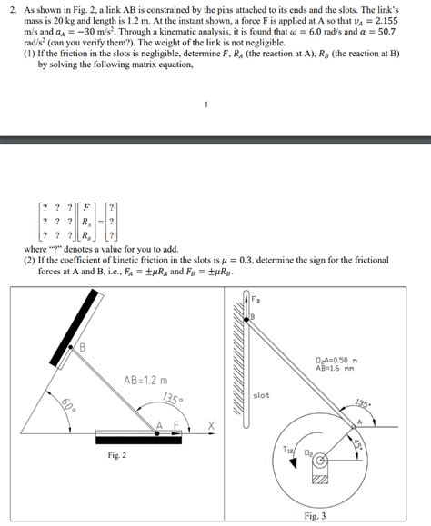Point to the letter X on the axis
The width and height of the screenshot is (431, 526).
[211, 426]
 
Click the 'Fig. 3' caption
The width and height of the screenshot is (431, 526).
[317, 515]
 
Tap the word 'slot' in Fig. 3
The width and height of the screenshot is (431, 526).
[261, 396]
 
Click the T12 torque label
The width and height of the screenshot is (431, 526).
[288, 449]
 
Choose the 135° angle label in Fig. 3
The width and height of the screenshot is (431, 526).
[363, 404]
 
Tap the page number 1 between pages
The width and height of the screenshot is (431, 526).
[206, 103]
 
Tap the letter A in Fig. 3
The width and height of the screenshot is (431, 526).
[360, 422]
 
